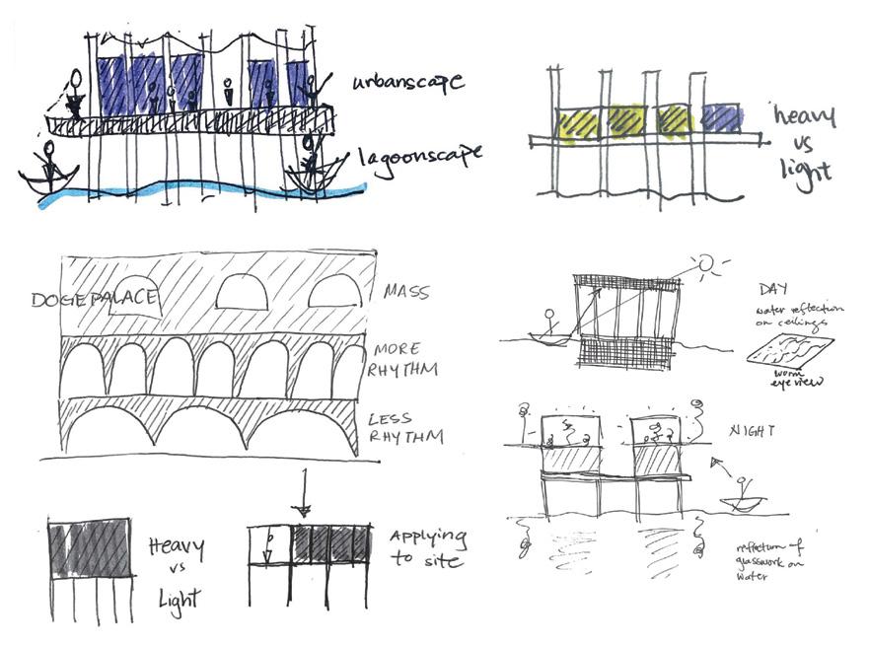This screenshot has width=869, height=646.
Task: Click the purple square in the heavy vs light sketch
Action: pyautogui.click(x=723, y=118)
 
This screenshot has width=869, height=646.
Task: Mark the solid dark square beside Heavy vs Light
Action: pyautogui.click(x=90, y=544)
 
